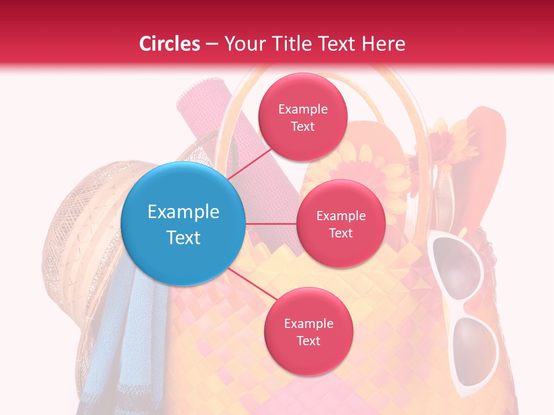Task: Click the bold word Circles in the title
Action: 169,44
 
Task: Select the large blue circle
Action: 183,224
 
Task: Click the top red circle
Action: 302,117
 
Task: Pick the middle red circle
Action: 340,224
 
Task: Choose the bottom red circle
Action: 308,331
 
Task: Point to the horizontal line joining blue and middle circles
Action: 271,224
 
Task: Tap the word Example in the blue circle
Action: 183,212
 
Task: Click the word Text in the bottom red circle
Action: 308,341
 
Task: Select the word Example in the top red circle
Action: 302,109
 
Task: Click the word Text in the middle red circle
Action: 340,233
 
